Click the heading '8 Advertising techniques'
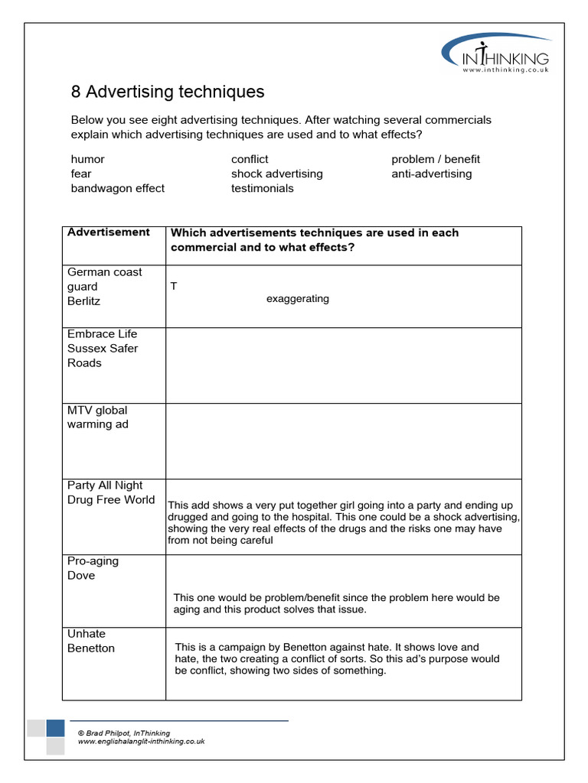coord(168,93)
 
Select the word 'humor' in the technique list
coord(87,159)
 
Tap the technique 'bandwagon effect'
coord(117,188)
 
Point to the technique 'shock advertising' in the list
coord(276,174)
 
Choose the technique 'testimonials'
coord(262,188)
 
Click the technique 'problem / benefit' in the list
coord(436,159)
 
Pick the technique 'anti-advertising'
coord(431,174)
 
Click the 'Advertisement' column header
coord(109,232)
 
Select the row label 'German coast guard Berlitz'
coord(104,287)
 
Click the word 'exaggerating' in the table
coord(297,299)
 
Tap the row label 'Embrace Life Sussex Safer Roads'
coord(103,349)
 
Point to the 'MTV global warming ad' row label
coord(97,417)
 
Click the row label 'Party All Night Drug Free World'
coord(111,492)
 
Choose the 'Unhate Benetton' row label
coord(90,641)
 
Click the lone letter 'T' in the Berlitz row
coord(174,286)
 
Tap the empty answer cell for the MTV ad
coord(343,441)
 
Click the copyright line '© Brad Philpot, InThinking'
coord(123,733)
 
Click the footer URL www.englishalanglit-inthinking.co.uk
coord(141,742)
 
